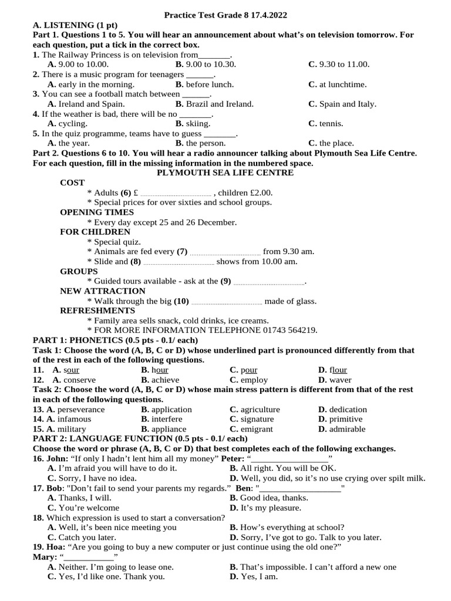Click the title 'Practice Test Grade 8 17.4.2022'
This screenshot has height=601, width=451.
(225, 15)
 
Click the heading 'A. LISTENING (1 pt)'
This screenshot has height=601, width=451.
(75, 25)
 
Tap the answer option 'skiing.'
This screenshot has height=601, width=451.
(198, 124)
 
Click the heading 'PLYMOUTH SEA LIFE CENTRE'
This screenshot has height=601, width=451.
(225, 173)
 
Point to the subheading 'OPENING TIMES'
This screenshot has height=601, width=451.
(97, 212)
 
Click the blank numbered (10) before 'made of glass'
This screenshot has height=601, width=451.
(227, 302)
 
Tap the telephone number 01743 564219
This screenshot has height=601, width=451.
(288, 330)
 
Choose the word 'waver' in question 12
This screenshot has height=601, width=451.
(340, 380)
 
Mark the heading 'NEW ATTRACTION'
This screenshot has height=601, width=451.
(103, 291)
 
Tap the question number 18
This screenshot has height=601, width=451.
(38, 518)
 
